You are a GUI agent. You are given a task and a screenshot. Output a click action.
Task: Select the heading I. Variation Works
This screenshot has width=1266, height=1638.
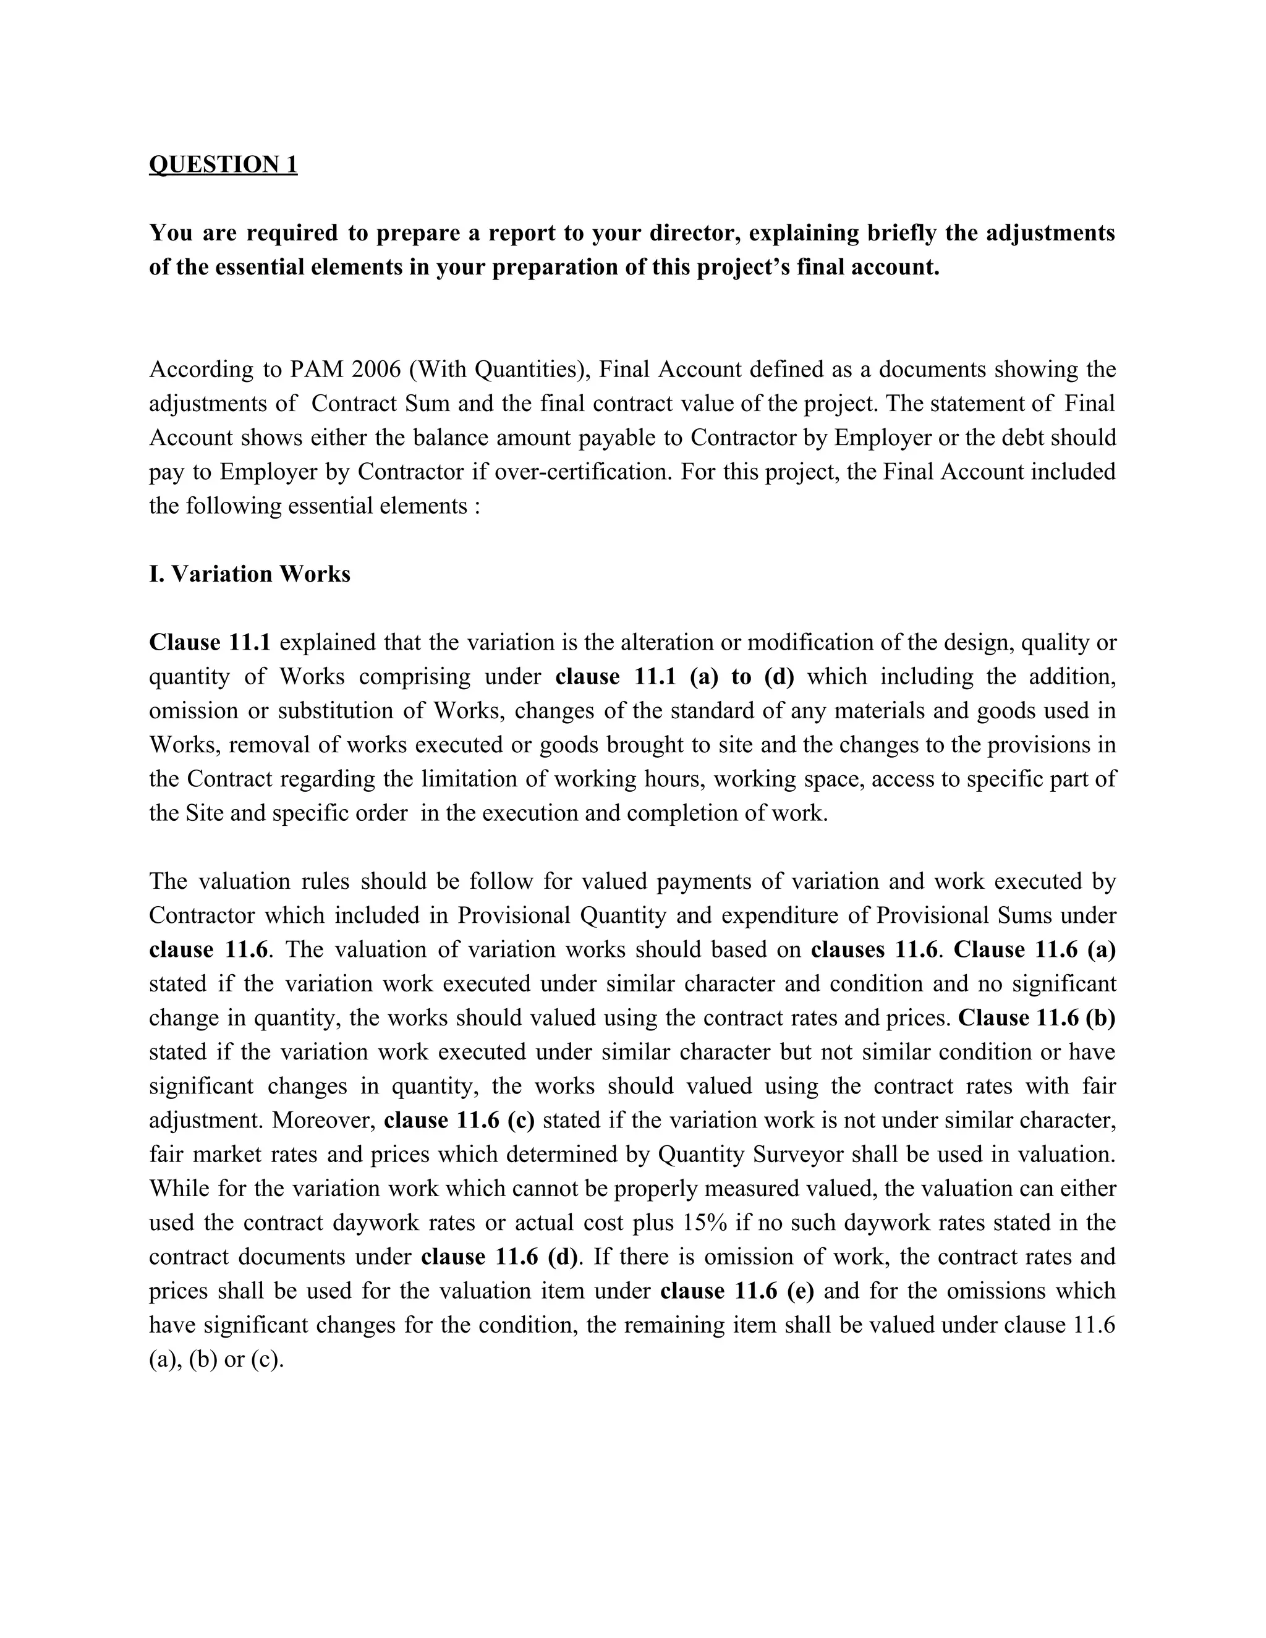250,574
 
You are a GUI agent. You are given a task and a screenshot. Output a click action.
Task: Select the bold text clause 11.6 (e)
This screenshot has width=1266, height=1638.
737,1291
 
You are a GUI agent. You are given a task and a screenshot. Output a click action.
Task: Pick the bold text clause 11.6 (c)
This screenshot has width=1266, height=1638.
459,1120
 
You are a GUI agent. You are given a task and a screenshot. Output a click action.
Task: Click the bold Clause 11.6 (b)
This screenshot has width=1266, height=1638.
1037,1018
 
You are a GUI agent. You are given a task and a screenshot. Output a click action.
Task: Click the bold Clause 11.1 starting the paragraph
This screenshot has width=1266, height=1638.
210,642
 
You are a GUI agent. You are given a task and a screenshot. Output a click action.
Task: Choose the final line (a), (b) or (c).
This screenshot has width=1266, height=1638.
216,1359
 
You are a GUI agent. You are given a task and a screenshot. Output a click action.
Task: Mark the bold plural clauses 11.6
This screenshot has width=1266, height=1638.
873,949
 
